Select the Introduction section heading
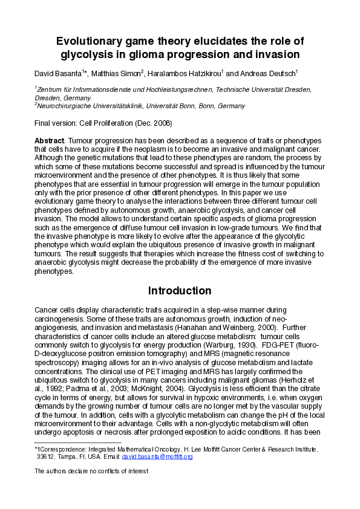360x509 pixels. pos(180,291)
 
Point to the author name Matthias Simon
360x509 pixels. pos(119,74)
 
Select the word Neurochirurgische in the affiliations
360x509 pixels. pos(67,106)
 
